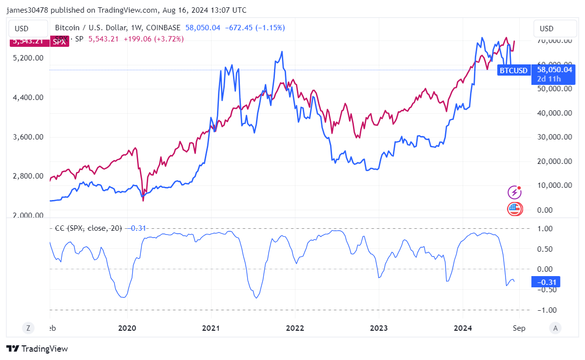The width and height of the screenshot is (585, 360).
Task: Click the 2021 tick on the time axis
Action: pos(211,328)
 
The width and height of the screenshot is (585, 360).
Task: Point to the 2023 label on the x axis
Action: pos(379,328)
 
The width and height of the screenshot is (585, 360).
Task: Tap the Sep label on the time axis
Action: pos(519,328)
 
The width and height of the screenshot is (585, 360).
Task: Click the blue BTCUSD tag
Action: pos(513,71)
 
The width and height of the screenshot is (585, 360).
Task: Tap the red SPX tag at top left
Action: pos(59,41)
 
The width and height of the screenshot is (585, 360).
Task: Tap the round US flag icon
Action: pos(514,209)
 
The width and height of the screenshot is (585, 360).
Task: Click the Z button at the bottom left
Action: pos(28,328)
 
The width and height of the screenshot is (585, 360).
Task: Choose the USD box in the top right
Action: pos(546,29)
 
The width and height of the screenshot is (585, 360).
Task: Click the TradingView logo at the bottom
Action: pos(37,349)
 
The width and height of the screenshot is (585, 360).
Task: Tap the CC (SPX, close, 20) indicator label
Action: pos(88,228)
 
